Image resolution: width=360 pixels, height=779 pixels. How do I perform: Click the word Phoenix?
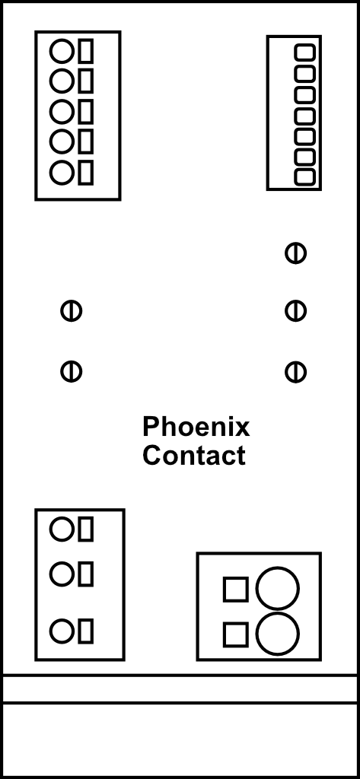pos(196,427)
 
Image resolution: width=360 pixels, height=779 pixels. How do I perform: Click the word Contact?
pos(194,456)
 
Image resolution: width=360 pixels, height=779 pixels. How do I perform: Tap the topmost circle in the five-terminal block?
pos(62,51)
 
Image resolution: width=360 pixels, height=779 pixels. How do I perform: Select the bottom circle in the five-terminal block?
pos(62,173)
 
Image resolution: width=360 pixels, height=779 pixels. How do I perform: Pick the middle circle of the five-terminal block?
pos(62,111)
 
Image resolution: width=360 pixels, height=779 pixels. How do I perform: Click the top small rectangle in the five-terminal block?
pos(86,51)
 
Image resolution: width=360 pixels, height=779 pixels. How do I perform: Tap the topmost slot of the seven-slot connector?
pos(304,52)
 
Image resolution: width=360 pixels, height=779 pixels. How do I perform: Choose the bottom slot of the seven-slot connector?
pos(304,177)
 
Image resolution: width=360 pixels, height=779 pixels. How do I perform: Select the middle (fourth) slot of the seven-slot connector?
pos(304,116)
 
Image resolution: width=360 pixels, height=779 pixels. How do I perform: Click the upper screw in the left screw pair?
pos(71,311)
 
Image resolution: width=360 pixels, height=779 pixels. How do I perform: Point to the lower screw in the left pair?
pos(71,371)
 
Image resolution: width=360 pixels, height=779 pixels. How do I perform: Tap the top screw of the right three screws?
pos(295,253)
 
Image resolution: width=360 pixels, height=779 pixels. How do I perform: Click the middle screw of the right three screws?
pos(295,311)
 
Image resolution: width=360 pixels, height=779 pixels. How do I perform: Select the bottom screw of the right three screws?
pos(295,372)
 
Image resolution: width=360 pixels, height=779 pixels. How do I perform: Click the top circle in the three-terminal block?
pos(62,529)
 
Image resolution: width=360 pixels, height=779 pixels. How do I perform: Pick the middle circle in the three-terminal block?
pos(62,574)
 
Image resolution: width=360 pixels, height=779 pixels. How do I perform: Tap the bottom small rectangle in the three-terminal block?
pos(86,631)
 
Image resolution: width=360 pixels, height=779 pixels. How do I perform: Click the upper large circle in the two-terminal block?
pos(278,588)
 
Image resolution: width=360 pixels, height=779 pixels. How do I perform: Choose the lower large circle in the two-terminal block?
pos(278,634)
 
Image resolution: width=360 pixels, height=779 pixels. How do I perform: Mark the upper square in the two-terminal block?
pos(236,590)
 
